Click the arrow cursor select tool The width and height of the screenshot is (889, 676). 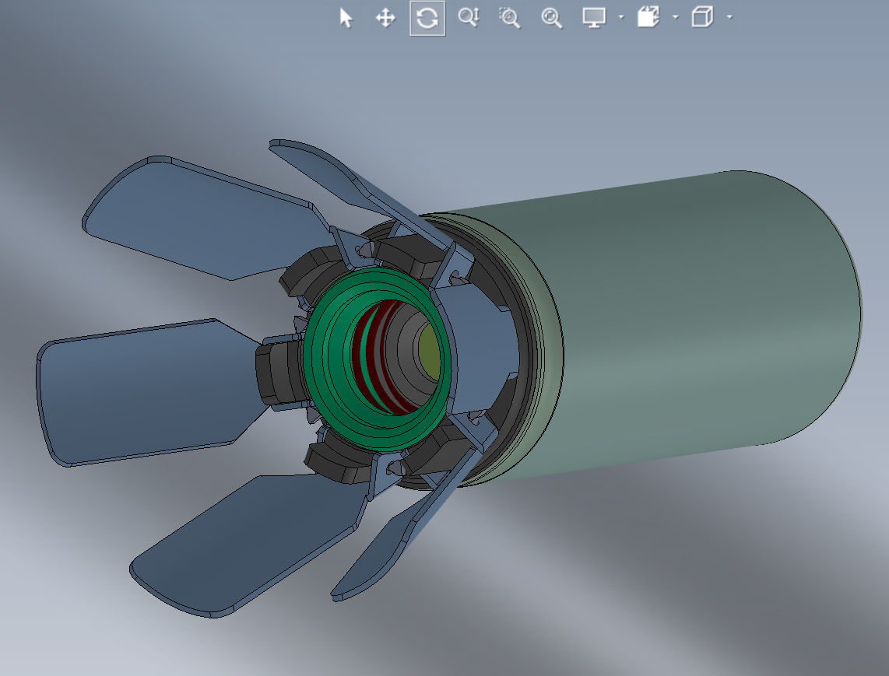(x=346, y=18)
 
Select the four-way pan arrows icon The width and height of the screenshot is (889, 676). (x=385, y=18)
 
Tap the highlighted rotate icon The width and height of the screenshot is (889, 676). (x=427, y=18)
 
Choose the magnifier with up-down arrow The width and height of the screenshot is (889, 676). (x=469, y=17)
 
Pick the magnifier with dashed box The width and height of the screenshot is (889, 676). (x=510, y=18)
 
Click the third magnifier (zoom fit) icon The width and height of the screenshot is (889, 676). (x=551, y=18)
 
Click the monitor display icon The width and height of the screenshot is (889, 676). (x=594, y=18)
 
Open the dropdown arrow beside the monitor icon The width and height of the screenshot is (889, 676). (x=620, y=17)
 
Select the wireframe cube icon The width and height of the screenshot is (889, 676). (x=702, y=17)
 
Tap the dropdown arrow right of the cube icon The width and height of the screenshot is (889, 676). (x=729, y=17)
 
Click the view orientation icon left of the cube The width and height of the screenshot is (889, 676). (x=648, y=17)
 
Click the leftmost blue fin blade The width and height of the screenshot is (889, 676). (x=125, y=393)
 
